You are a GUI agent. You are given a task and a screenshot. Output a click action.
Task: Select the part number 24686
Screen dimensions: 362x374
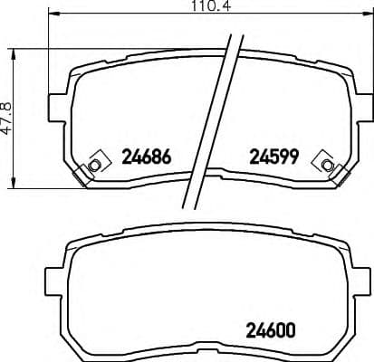coord(146,157)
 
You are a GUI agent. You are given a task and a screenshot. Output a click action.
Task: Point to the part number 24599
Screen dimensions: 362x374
coord(274,157)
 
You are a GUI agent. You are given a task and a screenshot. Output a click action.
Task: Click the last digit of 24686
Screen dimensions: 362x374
coord(166,157)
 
